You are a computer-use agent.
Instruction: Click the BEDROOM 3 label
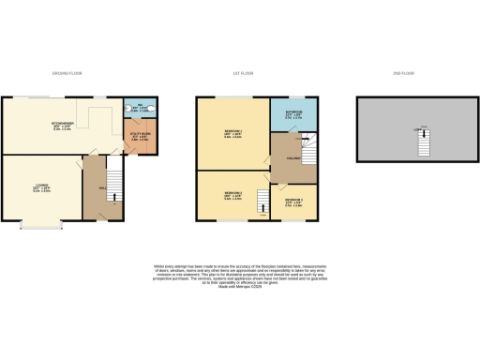[294, 201]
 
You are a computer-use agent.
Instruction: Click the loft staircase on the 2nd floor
[421, 142]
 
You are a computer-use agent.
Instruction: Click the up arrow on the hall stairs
[112, 196]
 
